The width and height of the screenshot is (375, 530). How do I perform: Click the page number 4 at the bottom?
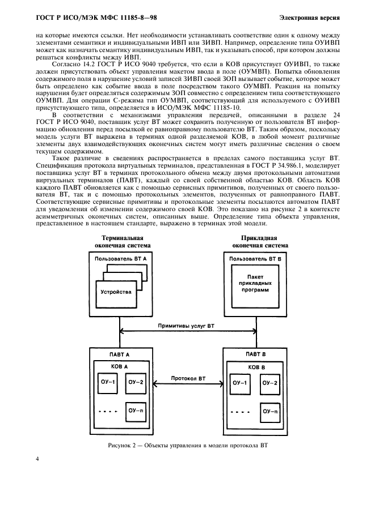coord(38,459)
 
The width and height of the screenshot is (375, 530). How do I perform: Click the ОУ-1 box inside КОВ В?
coord(240,383)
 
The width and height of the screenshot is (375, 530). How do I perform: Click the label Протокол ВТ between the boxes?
coord(187,378)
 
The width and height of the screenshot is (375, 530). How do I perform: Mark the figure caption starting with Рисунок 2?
coord(187,446)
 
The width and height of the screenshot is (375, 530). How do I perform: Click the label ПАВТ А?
coord(120,354)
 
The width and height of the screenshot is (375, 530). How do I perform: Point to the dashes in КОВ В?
coord(239,411)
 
